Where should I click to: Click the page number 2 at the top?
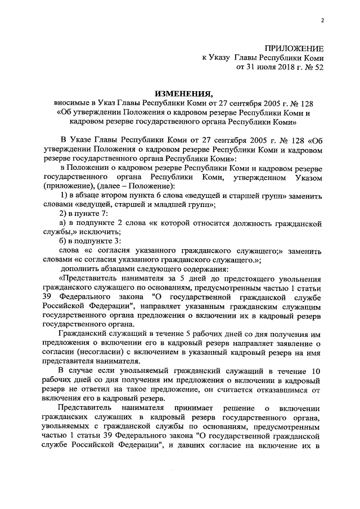pyautogui.click(x=323, y=22)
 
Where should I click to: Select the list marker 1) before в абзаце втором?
pyautogui.click(x=62, y=196)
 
